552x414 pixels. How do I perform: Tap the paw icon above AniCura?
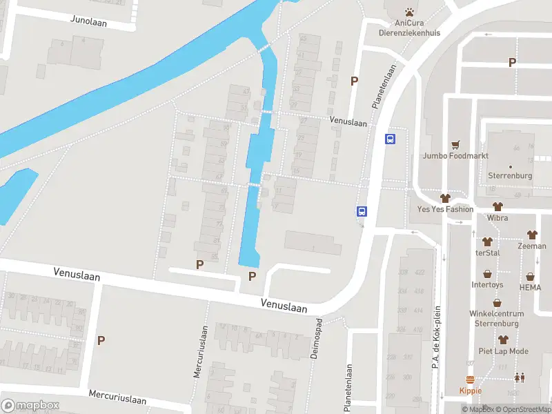tap(409, 12)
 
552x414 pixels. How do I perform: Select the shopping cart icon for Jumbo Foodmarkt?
tap(455, 145)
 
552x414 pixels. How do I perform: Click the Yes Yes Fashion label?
tap(446, 209)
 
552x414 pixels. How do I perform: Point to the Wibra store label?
tap(497, 218)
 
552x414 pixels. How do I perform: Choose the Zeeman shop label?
tap(532, 246)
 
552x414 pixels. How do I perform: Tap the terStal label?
tap(487, 253)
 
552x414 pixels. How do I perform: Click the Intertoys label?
tap(488, 284)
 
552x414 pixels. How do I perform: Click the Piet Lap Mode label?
tap(504, 351)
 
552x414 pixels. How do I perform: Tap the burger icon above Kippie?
tap(471, 379)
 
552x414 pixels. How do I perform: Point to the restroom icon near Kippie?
tap(519, 377)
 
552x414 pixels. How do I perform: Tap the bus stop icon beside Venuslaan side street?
tap(390, 139)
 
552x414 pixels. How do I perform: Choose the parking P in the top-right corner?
tap(512, 63)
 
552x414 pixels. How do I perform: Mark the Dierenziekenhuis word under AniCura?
tap(409, 32)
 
